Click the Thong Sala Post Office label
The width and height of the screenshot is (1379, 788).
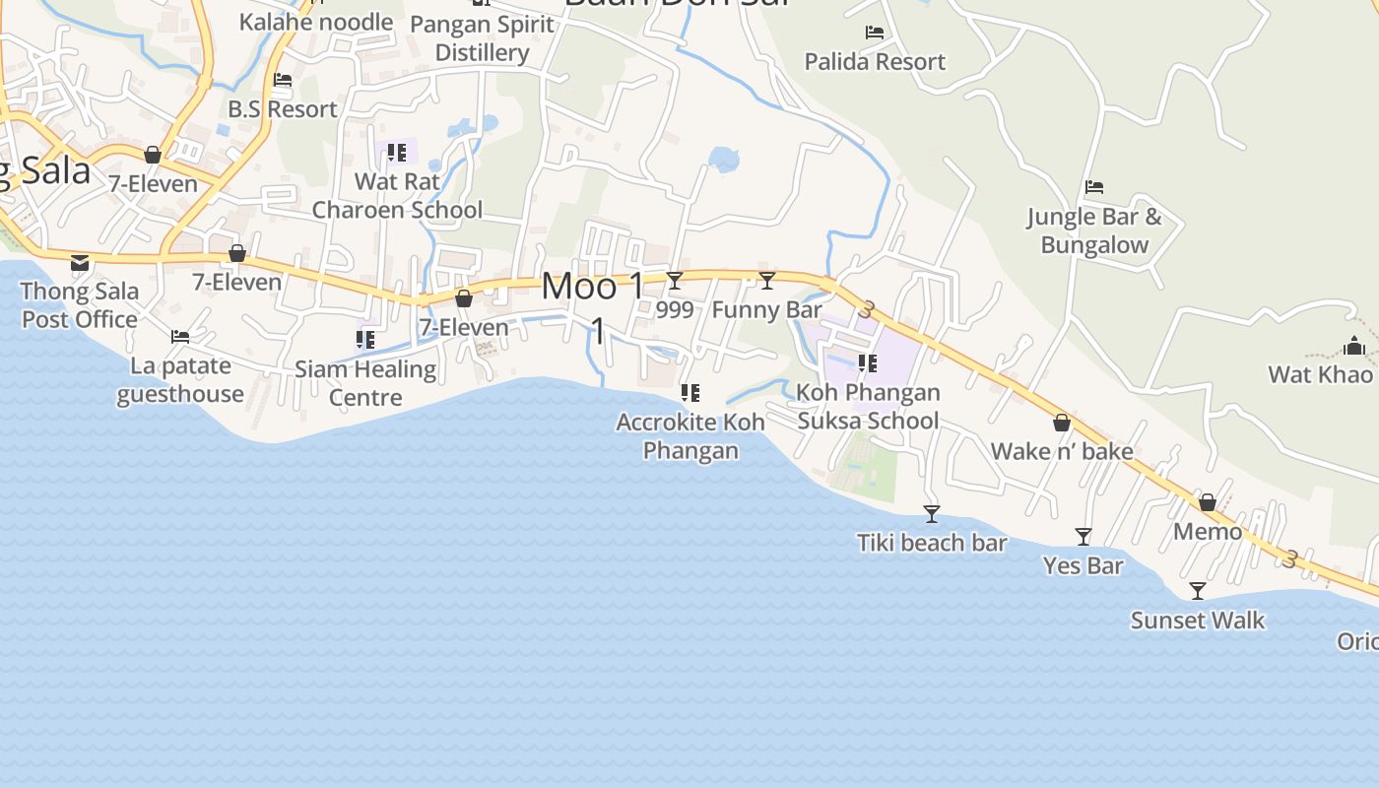pos(80,305)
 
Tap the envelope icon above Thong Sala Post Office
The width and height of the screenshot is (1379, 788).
pos(80,263)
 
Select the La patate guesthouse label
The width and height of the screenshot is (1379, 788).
pos(180,380)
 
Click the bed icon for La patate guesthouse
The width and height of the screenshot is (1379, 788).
pos(180,337)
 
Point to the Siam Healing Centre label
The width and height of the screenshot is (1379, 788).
pos(365,383)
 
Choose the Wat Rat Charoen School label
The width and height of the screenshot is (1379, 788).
pos(397,196)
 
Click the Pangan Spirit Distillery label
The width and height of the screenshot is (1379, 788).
pos(483,38)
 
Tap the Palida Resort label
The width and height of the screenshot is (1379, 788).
pos(875,62)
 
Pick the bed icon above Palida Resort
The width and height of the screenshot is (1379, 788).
pos(874,33)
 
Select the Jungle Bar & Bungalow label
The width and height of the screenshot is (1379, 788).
pos(1094,230)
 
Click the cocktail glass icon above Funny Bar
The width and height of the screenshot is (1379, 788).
pos(767,281)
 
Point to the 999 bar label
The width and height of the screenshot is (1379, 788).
pos(675,309)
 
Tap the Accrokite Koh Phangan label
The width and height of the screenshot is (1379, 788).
pos(690,436)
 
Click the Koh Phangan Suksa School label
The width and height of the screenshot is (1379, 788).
pos(868,407)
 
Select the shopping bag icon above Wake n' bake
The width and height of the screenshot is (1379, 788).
pos(1062,423)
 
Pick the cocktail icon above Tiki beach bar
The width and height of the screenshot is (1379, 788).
pos(931,514)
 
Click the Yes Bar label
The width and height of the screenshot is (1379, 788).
pos(1083,566)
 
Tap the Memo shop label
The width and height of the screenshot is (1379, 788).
pos(1208,532)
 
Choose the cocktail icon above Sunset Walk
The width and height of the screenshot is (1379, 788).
pos(1198,591)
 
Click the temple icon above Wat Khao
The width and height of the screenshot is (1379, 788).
pos(1354,346)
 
